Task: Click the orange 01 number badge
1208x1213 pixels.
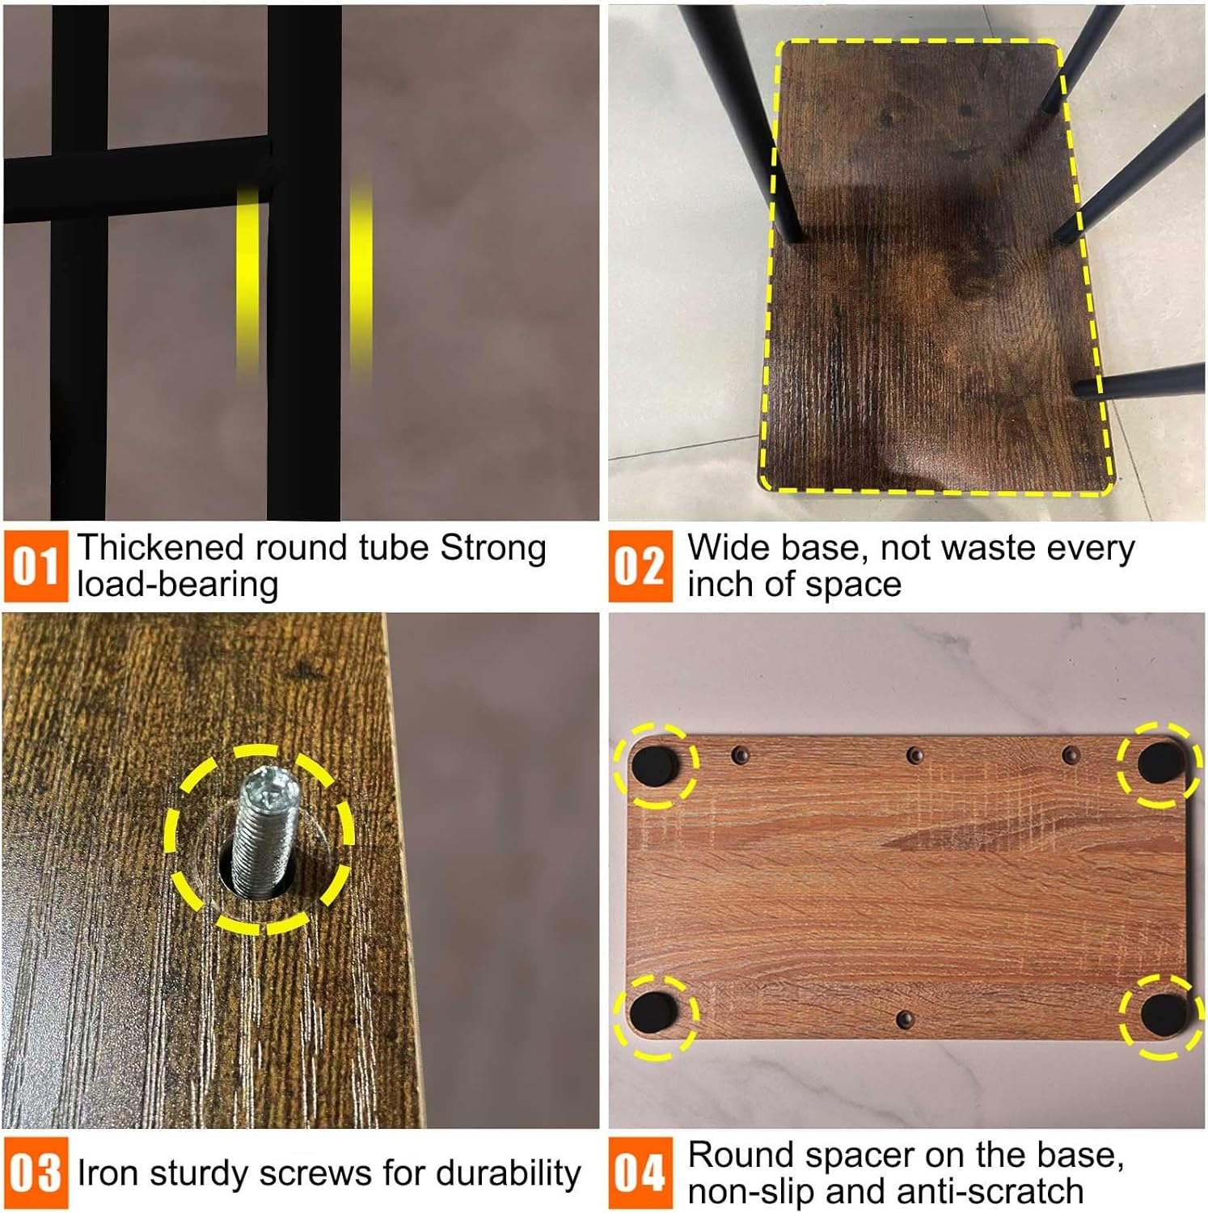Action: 36,566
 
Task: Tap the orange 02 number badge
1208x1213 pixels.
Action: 640,566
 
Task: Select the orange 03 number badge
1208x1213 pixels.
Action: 36,1173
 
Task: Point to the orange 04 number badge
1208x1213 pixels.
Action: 640,1173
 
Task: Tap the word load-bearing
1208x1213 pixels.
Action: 178,585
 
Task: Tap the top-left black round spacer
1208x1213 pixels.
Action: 655,765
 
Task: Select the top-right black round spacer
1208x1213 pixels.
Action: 1161,763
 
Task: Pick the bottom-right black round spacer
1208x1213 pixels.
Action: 1163,1015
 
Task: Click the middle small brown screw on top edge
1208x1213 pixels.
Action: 914,755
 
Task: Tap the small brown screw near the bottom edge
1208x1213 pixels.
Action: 905,1019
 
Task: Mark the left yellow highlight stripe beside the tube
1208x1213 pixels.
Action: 247,283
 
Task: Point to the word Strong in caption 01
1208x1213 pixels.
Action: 493,549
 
